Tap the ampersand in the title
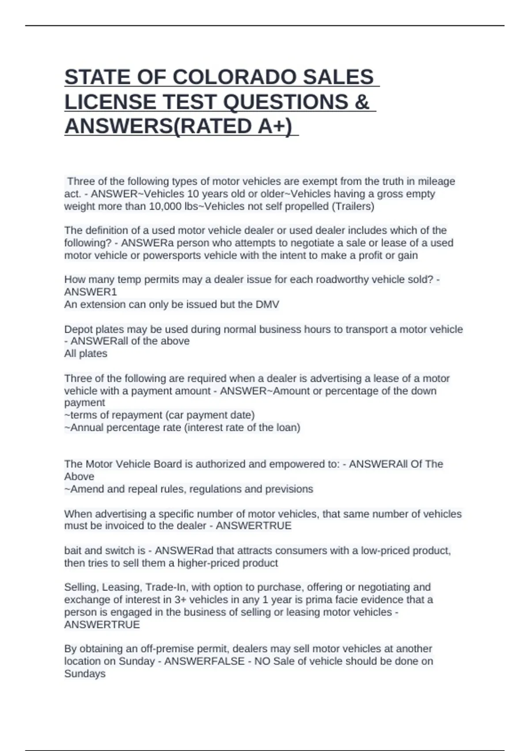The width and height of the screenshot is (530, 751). point(362,102)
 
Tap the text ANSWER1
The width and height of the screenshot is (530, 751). point(91,292)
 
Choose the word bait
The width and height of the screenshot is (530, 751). point(73,550)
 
